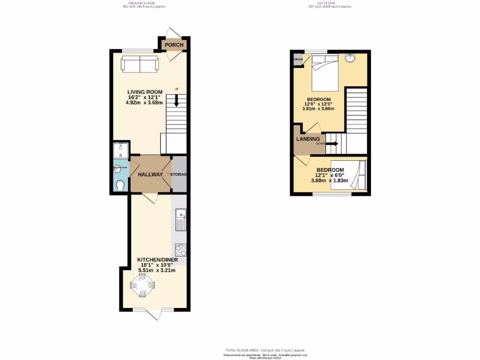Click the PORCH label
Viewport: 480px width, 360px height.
coord(173,45)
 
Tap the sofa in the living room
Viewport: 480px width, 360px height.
coord(140,64)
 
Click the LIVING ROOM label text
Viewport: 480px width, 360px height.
coord(144,92)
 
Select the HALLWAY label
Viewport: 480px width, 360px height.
coord(150,174)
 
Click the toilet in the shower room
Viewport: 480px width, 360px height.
coord(120,186)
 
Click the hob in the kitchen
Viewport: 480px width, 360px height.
coord(180,249)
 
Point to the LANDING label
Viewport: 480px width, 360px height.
coord(307,139)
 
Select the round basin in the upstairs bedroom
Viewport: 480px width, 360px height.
coord(349,58)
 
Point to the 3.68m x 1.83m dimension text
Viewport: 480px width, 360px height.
coord(330,181)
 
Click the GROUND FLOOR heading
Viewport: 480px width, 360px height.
coord(142,3)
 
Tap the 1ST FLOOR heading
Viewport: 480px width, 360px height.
coord(330,3)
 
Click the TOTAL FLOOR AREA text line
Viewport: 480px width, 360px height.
coord(265,350)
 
